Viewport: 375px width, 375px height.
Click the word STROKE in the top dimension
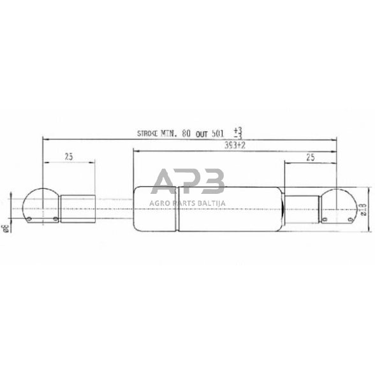pos(150,135)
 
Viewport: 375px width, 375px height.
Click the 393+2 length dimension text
pos(235,146)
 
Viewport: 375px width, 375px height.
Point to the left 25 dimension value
pos(68,156)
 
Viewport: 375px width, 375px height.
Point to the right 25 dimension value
pos(311,156)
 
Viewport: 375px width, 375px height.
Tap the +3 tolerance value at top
pos(238,130)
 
